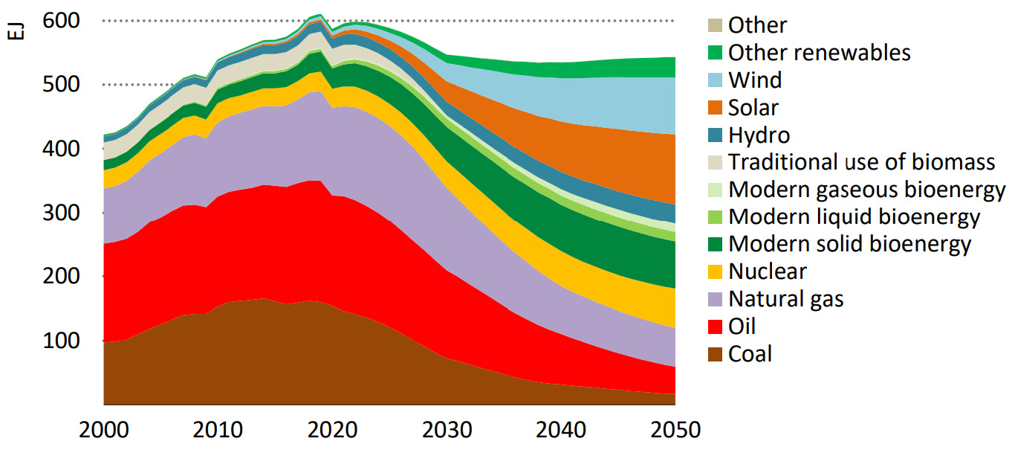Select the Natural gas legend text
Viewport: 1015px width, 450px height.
786,299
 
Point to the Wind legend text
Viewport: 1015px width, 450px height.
755,80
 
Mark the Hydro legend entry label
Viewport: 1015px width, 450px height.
759,135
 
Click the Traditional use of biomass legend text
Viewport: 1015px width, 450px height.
861,162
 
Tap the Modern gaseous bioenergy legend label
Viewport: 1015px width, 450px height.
867,190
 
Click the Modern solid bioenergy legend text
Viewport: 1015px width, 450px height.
850,244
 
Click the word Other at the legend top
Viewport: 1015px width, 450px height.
757,25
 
